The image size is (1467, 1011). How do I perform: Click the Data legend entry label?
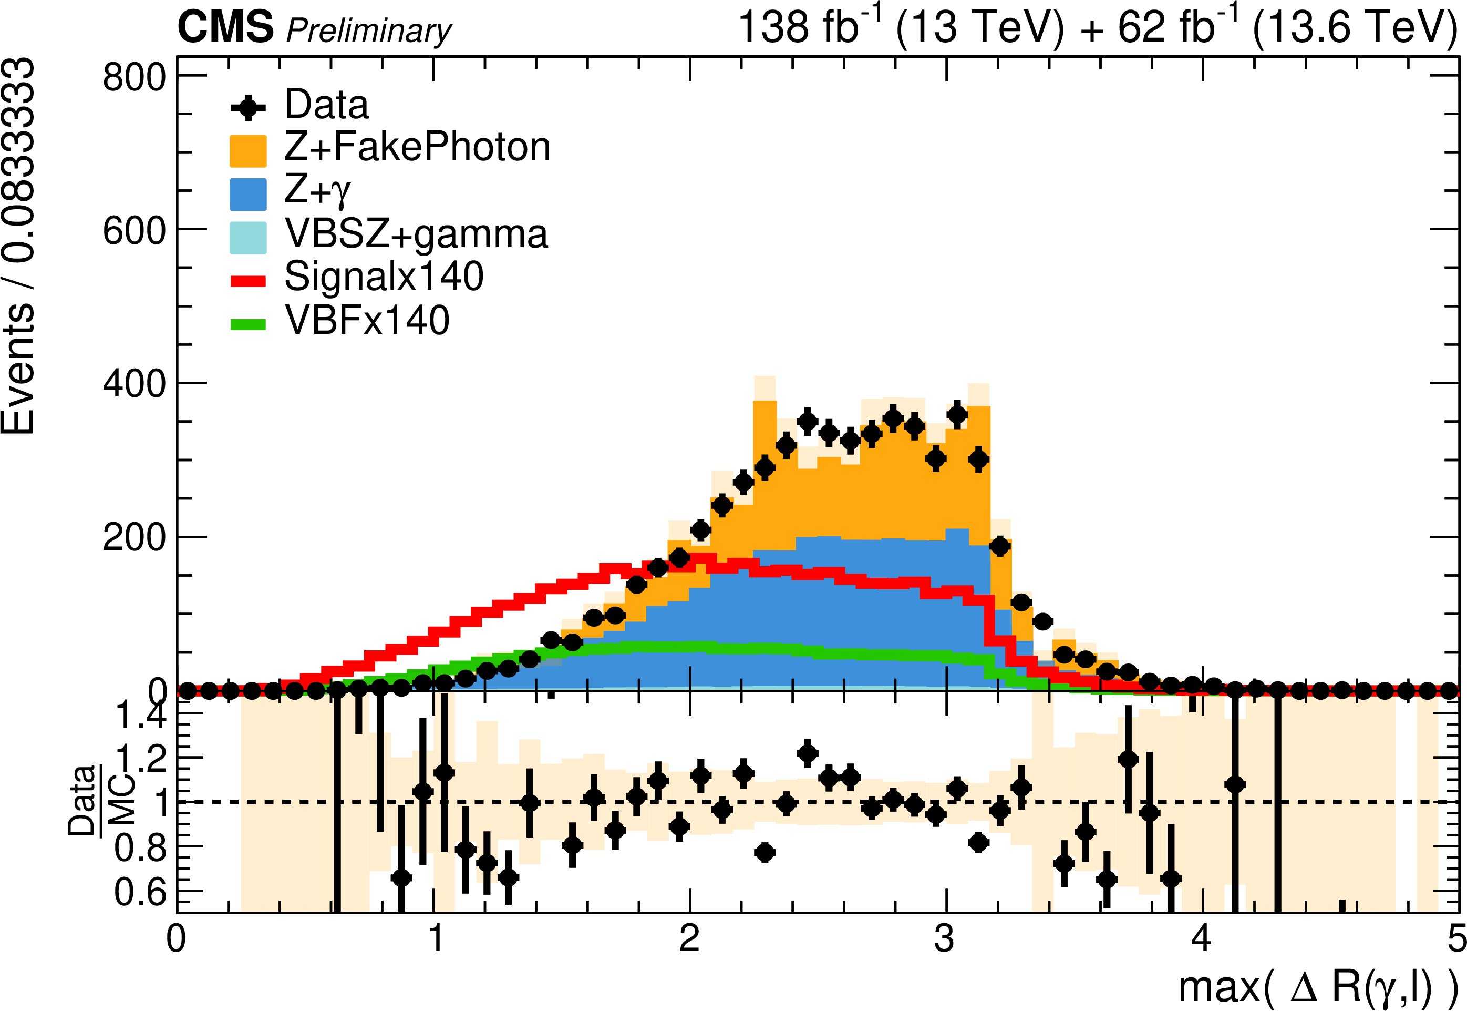(x=327, y=105)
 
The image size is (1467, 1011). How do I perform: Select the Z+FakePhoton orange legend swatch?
(x=248, y=151)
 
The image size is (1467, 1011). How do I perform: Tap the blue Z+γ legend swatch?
(x=248, y=194)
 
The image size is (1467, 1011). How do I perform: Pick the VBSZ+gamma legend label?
(x=416, y=234)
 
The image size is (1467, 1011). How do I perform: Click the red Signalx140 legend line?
(x=248, y=281)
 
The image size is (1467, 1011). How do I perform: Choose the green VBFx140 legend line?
(x=248, y=324)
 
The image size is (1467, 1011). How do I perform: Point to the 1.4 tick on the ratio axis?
(x=141, y=714)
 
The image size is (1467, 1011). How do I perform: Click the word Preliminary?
(x=369, y=31)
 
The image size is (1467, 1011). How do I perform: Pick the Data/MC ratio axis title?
(x=101, y=801)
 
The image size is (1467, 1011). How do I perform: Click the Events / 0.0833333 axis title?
(x=18, y=246)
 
